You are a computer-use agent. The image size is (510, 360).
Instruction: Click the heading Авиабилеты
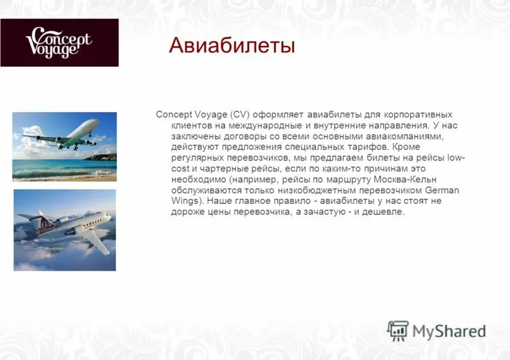point(232,46)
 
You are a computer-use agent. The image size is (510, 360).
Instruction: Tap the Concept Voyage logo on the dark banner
point(59,43)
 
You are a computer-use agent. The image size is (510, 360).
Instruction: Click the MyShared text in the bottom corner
point(449,331)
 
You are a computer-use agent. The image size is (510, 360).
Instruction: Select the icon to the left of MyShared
point(398,331)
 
